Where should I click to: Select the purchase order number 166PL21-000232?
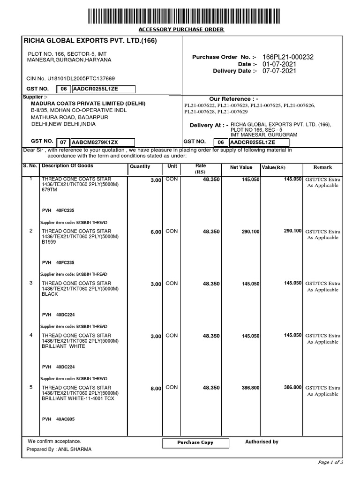(288, 57)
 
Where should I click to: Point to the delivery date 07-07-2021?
(279, 71)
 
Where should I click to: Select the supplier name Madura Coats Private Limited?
(88, 104)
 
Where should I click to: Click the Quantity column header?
(140, 167)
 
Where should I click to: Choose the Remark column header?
(322, 167)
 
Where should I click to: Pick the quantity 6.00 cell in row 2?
(156, 232)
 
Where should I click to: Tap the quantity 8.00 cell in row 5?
(156, 389)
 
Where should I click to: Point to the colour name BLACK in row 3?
(50, 294)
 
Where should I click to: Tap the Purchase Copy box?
(195, 442)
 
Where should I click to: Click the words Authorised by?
(262, 442)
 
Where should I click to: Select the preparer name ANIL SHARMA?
(75, 449)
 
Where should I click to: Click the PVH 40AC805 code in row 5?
(58, 419)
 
